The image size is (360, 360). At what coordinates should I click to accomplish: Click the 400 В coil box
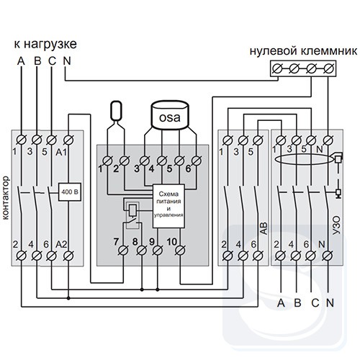pyautogui.click(x=70, y=192)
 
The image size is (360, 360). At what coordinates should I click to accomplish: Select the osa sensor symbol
pyautogui.click(x=170, y=114)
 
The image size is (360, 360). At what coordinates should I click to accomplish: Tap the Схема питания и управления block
pyautogui.click(x=168, y=206)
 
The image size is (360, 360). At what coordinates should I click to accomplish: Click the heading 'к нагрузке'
pyautogui.click(x=45, y=45)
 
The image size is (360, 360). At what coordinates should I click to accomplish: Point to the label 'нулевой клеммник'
pyautogui.click(x=304, y=51)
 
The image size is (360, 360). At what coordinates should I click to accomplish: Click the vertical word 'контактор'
pyautogui.click(x=6, y=198)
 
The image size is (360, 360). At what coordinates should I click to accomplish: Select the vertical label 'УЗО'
pyautogui.click(x=337, y=228)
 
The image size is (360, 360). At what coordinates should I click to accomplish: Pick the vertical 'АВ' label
pyautogui.click(x=264, y=229)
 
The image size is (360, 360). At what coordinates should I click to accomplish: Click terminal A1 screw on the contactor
pyautogui.click(x=69, y=140)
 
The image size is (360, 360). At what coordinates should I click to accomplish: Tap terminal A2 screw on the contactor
pyautogui.click(x=69, y=256)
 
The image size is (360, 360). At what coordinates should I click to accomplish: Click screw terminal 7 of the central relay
pyautogui.click(x=124, y=251)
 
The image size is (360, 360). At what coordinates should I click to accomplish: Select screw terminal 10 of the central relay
pyautogui.click(x=180, y=251)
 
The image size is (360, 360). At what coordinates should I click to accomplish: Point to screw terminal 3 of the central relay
pyautogui.click(x=145, y=161)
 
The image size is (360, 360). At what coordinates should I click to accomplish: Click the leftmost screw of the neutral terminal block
pyautogui.click(x=278, y=68)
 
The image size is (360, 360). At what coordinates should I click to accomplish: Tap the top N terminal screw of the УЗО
pyautogui.click(x=328, y=140)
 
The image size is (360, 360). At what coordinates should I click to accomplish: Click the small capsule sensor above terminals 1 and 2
pyautogui.click(x=116, y=111)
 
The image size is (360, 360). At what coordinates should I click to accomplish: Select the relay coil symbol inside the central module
pyautogui.click(x=132, y=210)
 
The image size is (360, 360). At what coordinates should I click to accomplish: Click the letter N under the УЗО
pyautogui.click(x=330, y=303)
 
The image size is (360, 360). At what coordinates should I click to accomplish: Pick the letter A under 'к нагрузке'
pyautogui.click(x=21, y=61)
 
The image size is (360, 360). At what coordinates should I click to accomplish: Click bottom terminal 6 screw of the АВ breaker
pyautogui.click(x=258, y=256)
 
